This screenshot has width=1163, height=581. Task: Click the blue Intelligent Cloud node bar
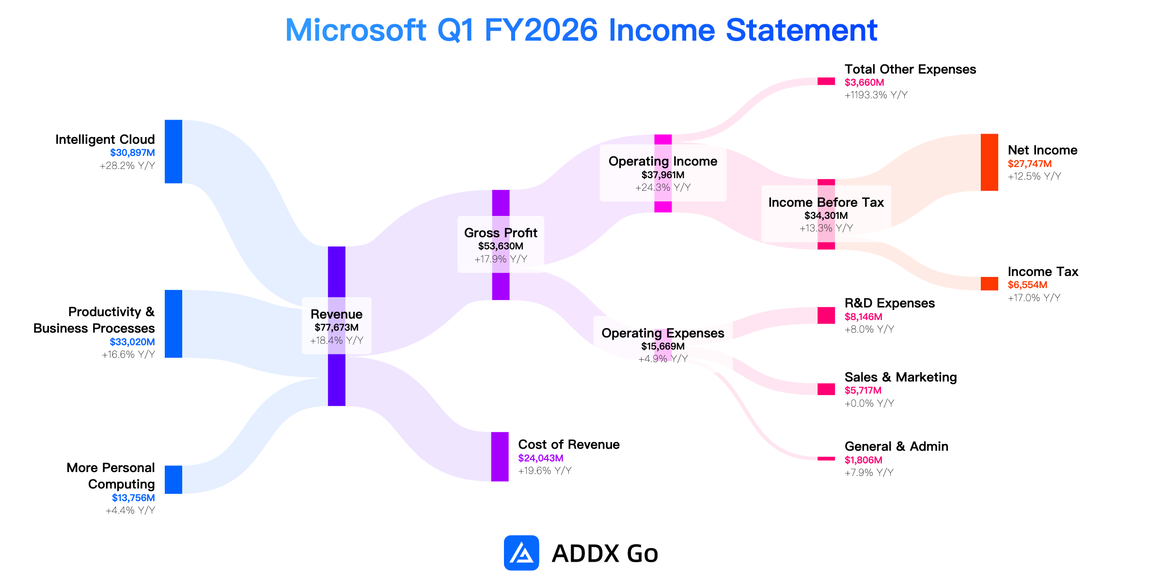click(173, 152)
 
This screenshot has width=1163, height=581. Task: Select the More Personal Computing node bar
click(173, 480)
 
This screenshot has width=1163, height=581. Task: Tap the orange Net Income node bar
click(990, 162)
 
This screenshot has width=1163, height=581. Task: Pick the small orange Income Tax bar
click(990, 284)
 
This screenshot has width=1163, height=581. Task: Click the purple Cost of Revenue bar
click(500, 457)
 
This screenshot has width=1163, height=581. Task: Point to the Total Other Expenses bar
click(826, 81)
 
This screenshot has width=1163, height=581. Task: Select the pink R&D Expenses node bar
click(826, 315)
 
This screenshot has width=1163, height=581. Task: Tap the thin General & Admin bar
click(826, 459)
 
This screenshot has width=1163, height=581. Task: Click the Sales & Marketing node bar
click(826, 389)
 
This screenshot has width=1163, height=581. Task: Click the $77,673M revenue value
click(337, 328)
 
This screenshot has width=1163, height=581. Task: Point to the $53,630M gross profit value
click(501, 246)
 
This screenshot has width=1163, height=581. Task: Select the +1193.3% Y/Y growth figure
click(876, 95)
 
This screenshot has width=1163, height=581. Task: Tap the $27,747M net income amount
click(1030, 164)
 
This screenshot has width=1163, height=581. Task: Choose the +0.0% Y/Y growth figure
click(869, 403)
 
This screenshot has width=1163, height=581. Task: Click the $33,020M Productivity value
click(132, 342)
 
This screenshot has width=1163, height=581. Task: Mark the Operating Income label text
click(663, 161)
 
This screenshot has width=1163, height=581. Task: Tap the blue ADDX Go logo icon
click(521, 553)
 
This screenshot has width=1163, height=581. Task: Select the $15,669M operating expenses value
click(663, 346)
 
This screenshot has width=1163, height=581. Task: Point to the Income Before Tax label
click(826, 202)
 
